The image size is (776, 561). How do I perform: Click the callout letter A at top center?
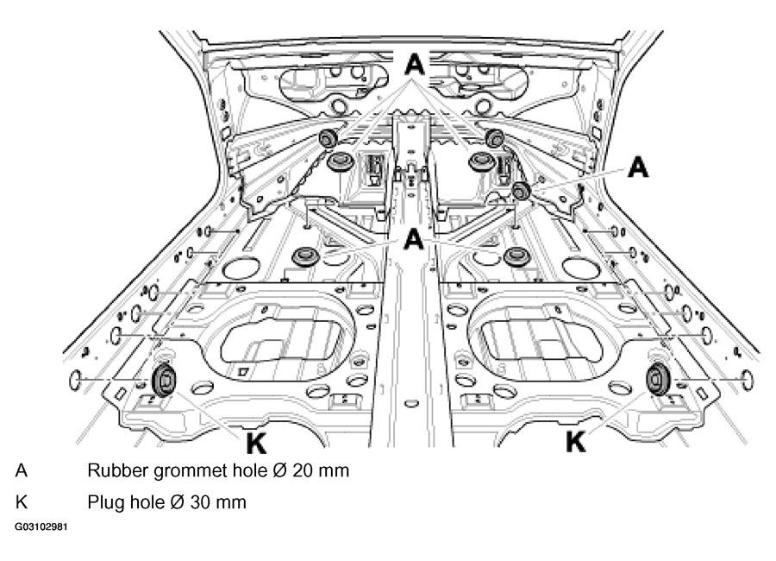click(x=415, y=65)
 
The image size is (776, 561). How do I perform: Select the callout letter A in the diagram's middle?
click(x=414, y=240)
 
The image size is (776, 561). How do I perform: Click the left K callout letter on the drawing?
click(x=256, y=443)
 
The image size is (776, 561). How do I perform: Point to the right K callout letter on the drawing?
click(x=576, y=440)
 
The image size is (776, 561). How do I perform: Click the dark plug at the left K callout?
click(x=163, y=380)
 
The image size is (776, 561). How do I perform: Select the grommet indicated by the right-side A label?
click(x=521, y=191)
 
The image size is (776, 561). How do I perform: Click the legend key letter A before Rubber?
click(x=22, y=470)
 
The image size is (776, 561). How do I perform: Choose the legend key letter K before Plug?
click(x=22, y=502)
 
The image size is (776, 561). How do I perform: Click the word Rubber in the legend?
click(x=118, y=470)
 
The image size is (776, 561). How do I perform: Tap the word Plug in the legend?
click(x=106, y=503)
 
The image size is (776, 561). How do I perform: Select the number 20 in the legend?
click(x=304, y=470)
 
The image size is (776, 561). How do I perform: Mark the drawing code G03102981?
click(x=41, y=526)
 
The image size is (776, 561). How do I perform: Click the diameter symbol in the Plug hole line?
click(x=177, y=502)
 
